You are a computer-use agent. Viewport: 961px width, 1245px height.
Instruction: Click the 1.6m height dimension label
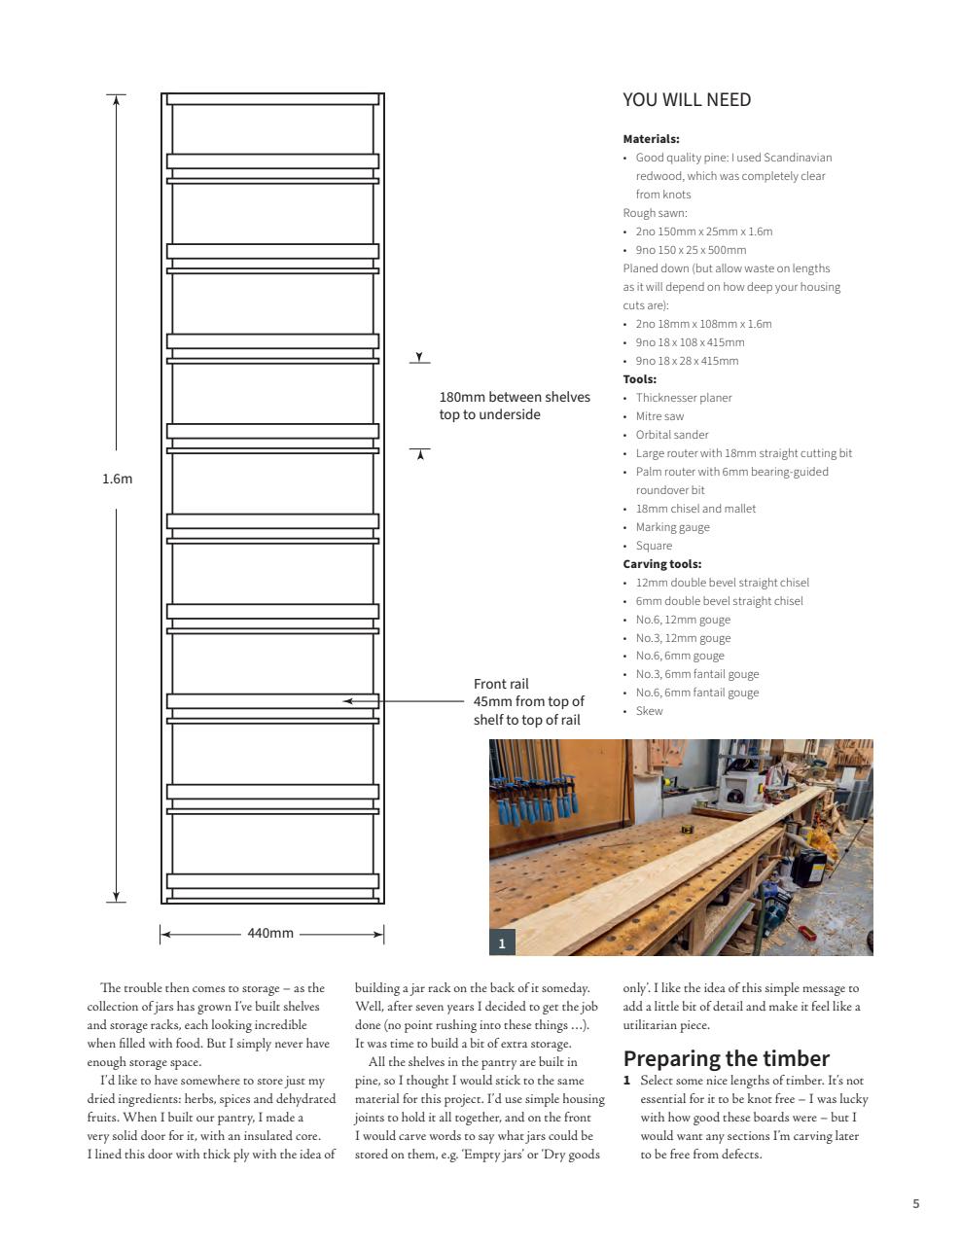pyautogui.click(x=117, y=479)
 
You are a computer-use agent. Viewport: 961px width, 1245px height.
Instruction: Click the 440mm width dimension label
pyautogui.click(x=270, y=933)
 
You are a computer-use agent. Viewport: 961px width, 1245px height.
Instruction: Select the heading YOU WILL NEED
pyautogui.click(x=687, y=100)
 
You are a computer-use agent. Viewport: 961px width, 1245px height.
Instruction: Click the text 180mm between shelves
pyautogui.click(x=515, y=397)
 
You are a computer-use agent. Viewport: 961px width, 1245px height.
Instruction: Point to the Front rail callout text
pyautogui.click(x=528, y=701)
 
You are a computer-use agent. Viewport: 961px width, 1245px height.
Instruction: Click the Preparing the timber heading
pyautogui.click(x=726, y=1058)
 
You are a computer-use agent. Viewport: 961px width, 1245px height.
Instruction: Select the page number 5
pyautogui.click(x=915, y=1203)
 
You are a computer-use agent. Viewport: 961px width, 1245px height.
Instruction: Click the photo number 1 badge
pyautogui.click(x=502, y=943)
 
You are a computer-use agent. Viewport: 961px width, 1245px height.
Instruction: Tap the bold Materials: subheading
pyautogui.click(x=651, y=139)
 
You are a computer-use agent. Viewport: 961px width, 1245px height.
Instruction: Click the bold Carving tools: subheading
pyautogui.click(x=661, y=564)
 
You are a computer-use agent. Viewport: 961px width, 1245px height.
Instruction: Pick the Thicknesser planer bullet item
pyautogui.click(x=683, y=398)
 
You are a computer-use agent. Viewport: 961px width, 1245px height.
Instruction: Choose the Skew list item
pyautogui.click(x=649, y=711)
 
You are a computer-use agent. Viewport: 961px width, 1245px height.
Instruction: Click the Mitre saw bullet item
pyautogui.click(x=659, y=416)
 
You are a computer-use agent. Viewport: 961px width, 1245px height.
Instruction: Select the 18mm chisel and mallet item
pyautogui.click(x=695, y=509)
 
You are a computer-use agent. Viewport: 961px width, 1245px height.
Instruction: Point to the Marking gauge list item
pyautogui.click(x=672, y=527)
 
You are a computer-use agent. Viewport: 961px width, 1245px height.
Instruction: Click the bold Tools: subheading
pyautogui.click(x=639, y=379)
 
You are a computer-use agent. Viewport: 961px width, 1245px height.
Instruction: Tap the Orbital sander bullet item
pyautogui.click(x=671, y=435)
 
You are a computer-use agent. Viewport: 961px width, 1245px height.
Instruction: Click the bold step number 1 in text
pyautogui.click(x=627, y=1081)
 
